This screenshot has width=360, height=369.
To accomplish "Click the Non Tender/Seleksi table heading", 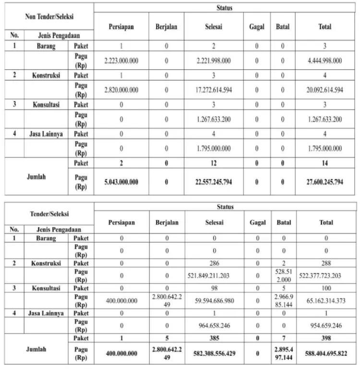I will point(50,16).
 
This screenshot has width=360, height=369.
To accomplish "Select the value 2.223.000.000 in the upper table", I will point(121,61).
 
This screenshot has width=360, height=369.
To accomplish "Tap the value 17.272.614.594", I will point(214,90).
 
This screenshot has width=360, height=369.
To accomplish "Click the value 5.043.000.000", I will point(121,182).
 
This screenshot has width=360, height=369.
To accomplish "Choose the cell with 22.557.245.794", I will point(214,182).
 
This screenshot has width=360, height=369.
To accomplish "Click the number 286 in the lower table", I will point(214,263).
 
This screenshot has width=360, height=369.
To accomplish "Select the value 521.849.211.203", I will point(214,276).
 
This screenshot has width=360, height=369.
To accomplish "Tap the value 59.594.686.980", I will point(214,300).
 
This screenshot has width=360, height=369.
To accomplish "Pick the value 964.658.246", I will point(214,325).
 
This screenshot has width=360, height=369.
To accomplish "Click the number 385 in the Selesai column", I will point(214,338).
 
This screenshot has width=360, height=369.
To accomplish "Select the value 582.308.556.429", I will point(214,353).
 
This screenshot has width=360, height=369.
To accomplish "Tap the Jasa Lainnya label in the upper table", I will point(47,134).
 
